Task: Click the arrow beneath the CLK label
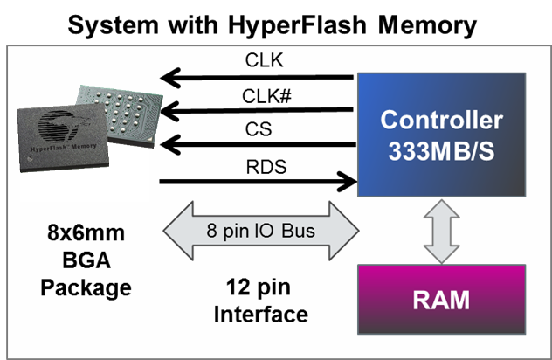(x=257, y=79)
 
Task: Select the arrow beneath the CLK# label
(x=257, y=111)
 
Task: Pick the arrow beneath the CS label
(x=257, y=145)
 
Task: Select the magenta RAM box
(x=442, y=300)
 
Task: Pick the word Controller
(x=442, y=120)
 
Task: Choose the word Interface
(x=261, y=314)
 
